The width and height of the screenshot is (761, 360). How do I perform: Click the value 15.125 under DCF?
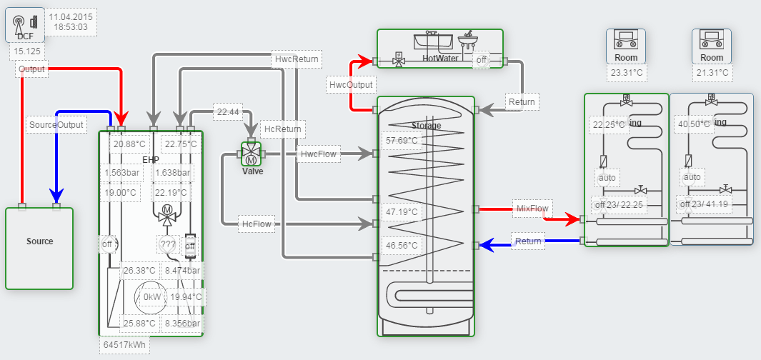point(26,51)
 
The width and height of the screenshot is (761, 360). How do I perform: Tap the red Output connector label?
point(31,69)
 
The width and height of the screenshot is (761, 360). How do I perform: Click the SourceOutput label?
point(56,124)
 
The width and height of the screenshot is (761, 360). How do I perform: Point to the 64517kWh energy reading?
point(124,344)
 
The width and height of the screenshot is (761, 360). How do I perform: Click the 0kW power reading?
point(152,297)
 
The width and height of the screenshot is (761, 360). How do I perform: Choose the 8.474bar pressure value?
point(182,271)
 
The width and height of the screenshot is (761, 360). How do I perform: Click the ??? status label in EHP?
point(168,244)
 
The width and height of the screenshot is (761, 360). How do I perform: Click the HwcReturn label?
point(297,59)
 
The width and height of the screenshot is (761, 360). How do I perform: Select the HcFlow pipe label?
point(257,224)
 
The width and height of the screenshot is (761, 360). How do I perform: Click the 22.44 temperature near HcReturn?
point(228,111)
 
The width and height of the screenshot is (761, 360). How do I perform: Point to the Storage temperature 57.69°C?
point(401,140)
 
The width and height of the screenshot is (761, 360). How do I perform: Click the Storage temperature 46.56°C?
point(401,245)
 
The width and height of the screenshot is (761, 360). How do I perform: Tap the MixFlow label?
point(532,209)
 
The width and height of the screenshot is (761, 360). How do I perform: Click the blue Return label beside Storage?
point(528,241)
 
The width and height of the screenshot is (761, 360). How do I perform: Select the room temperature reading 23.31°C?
point(626,73)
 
